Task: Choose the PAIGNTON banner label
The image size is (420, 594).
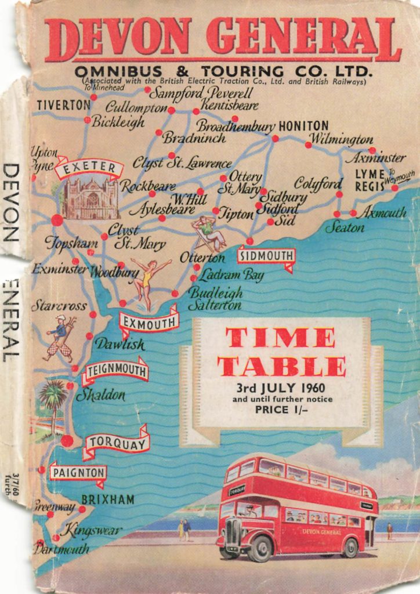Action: point(78,473)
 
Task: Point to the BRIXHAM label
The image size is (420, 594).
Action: point(108,499)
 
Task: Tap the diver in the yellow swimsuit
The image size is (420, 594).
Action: point(146,281)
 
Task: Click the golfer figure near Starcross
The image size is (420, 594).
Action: point(60,338)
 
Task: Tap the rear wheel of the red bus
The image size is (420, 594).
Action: point(350,547)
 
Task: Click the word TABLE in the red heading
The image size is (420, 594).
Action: point(281,366)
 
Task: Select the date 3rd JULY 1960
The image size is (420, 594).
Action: point(280,387)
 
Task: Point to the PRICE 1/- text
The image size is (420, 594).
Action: point(281,410)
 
